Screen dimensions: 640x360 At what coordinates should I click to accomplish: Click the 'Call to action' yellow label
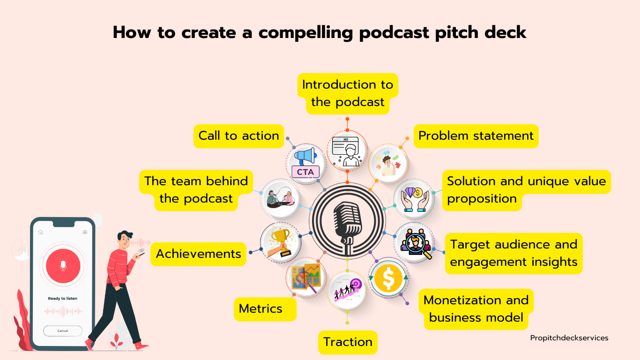pyautogui.click(x=238, y=136)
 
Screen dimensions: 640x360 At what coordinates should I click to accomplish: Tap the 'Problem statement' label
pyautogui.click(x=476, y=136)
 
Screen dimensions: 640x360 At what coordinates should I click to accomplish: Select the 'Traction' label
pyautogui.click(x=348, y=342)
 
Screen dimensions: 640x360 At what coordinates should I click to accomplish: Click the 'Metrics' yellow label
pyautogui.click(x=265, y=309)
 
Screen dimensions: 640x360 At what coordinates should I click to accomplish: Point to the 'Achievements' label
pyautogui.click(x=198, y=254)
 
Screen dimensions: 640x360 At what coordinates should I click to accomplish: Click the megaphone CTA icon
pyautogui.click(x=306, y=163)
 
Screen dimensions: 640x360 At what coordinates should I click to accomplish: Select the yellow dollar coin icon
pyautogui.click(x=388, y=278)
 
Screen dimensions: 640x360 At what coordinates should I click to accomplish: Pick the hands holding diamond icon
pyautogui.click(x=415, y=199)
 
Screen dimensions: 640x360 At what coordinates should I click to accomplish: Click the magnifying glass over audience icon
pyautogui.click(x=416, y=243)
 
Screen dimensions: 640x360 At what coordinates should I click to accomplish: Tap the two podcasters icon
pyautogui.click(x=281, y=198)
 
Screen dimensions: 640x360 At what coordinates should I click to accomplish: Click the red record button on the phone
pyautogui.click(x=63, y=266)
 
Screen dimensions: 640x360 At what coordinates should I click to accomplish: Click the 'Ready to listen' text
pyautogui.click(x=63, y=299)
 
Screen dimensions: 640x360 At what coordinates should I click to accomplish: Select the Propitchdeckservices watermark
pyautogui.click(x=569, y=338)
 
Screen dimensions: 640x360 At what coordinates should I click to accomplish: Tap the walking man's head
pyautogui.click(x=125, y=240)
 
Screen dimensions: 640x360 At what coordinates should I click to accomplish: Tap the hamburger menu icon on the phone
pyautogui.click(x=85, y=232)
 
